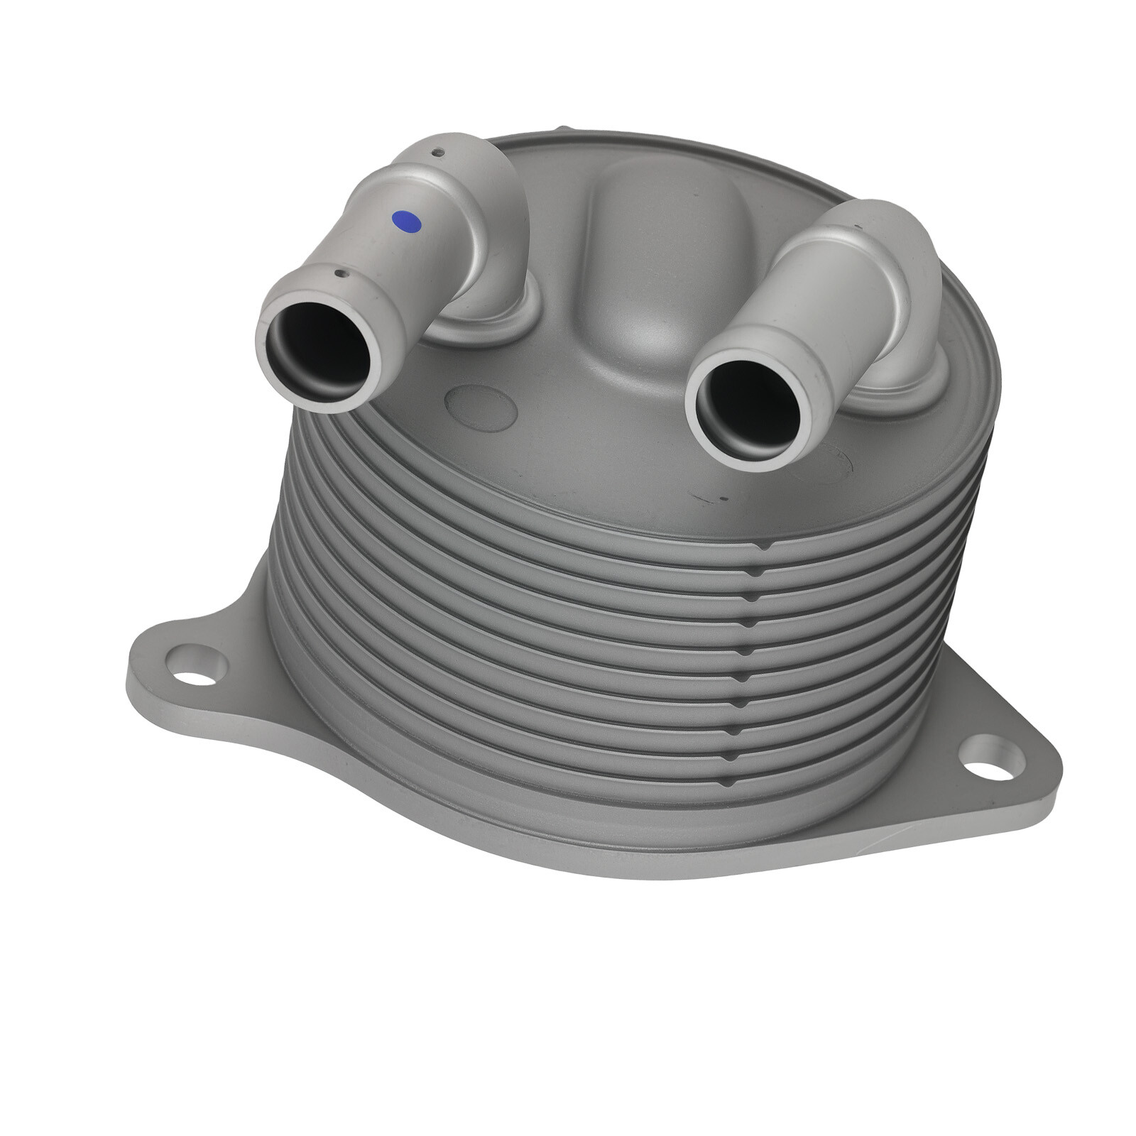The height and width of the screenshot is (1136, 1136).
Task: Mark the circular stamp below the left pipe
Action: (479, 408)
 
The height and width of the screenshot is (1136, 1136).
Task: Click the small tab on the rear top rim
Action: (562, 129)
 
